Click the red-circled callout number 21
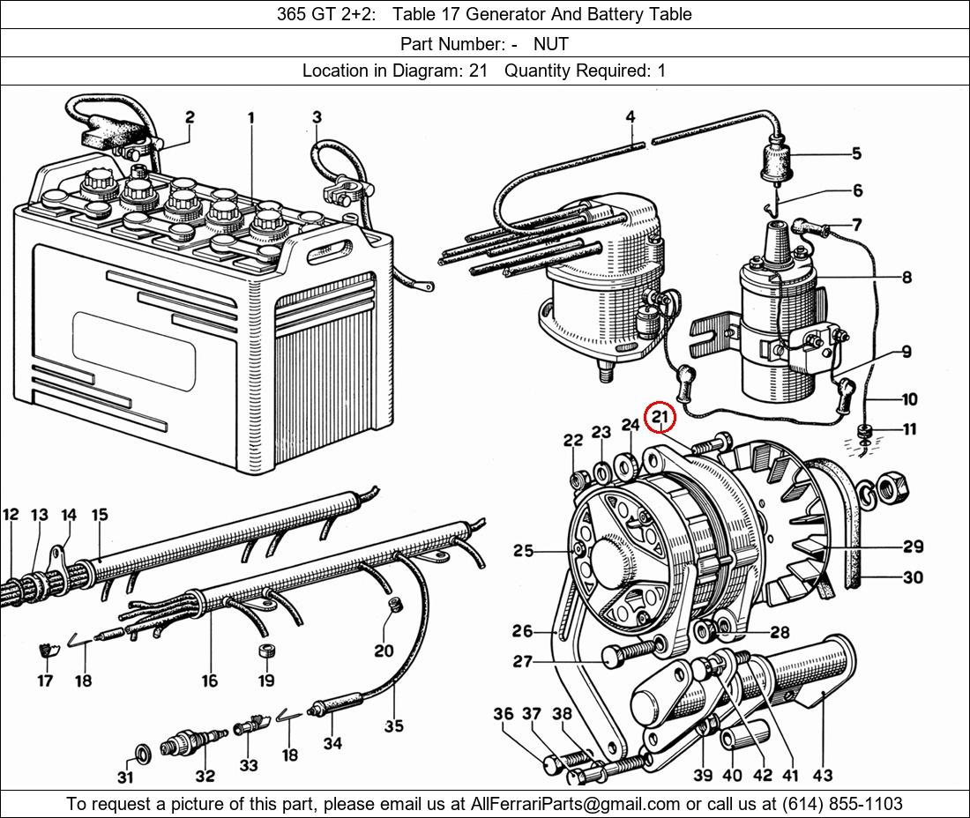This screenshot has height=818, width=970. pos(660,418)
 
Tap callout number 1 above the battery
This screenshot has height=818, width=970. pos(251,117)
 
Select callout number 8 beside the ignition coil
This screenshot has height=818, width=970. pos(907,277)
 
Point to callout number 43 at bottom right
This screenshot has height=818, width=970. pos(822,776)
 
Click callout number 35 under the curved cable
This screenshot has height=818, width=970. pos(393,725)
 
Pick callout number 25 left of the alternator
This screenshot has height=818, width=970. pos(523,551)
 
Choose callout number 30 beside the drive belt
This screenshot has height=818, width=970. pos(913,577)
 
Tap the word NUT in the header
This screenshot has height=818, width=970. pos(551,43)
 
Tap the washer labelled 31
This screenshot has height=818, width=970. pos(140,751)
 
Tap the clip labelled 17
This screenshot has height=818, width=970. pos(46,652)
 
